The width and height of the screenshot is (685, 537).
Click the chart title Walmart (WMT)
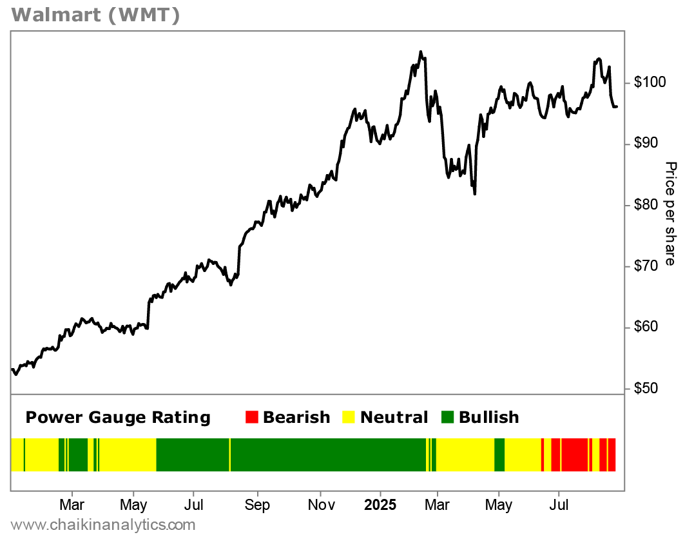click(x=95, y=15)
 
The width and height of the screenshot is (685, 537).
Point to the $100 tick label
click(x=650, y=83)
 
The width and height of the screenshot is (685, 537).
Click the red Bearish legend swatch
click(x=251, y=418)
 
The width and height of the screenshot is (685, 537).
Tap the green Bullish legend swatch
click(x=447, y=418)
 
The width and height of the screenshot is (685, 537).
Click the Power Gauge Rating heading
click(x=118, y=418)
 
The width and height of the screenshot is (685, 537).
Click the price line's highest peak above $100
click(x=420, y=52)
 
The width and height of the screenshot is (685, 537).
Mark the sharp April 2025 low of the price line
click(x=475, y=193)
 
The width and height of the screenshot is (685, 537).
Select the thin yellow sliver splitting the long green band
click(x=230, y=454)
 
